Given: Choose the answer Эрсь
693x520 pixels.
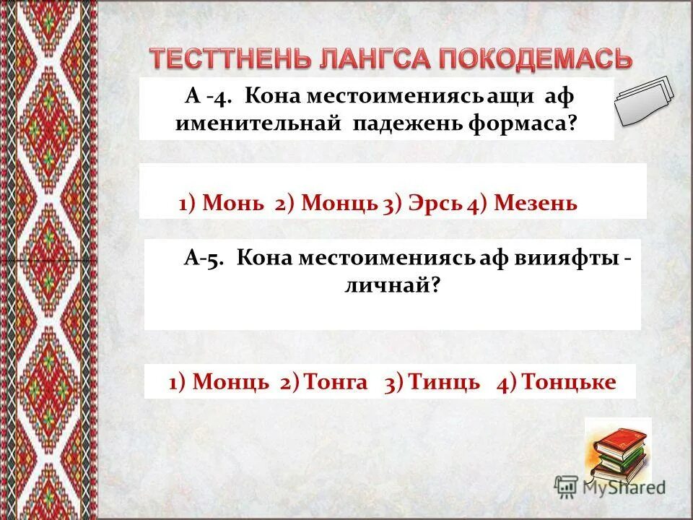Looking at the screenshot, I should (432, 204).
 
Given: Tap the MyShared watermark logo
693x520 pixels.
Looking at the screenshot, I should (609, 486).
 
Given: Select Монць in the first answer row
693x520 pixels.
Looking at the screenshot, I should (340, 204).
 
